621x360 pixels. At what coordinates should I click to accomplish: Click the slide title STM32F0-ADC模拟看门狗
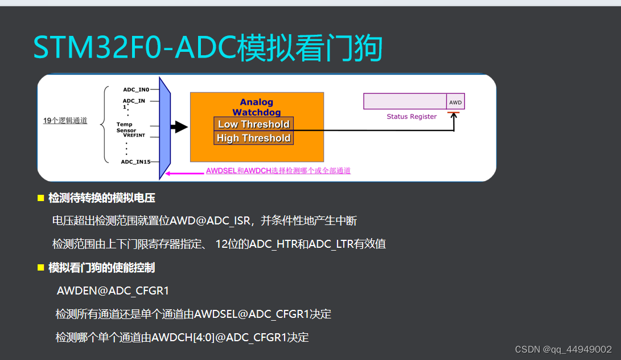pyautogui.click(x=207, y=48)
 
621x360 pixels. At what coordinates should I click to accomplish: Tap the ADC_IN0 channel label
pyautogui.click(x=136, y=89)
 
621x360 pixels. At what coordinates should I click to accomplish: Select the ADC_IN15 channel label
pyautogui.click(x=135, y=162)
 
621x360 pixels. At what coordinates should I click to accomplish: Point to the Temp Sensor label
pyautogui.click(x=126, y=128)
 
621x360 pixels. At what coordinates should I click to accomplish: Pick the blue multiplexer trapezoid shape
pyautogui.click(x=165, y=127)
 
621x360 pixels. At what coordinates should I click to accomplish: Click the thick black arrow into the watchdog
pyautogui.click(x=179, y=127)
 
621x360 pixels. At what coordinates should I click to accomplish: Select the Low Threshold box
pyautogui.click(x=254, y=124)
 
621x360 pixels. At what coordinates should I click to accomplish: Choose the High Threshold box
pyautogui.click(x=254, y=138)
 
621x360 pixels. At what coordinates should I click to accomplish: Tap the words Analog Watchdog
pyautogui.click(x=257, y=108)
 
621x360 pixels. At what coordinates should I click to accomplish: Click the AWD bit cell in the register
pyautogui.click(x=455, y=102)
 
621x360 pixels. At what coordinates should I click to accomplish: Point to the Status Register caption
pyautogui.click(x=412, y=117)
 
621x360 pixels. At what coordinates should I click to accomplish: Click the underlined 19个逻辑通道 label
pyautogui.click(x=65, y=121)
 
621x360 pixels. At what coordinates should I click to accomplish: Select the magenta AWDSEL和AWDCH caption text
pyautogui.click(x=278, y=171)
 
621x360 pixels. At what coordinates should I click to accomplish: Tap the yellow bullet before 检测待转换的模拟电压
pyautogui.click(x=40, y=198)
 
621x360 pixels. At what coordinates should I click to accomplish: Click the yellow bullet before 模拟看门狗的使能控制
pyautogui.click(x=40, y=267)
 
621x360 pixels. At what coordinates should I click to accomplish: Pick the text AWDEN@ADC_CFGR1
pyautogui.click(x=113, y=291)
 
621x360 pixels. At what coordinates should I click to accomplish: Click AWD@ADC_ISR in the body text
pyautogui.click(x=219, y=221)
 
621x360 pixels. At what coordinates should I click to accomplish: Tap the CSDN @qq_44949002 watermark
pyautogui.click(x=563, y=349)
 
